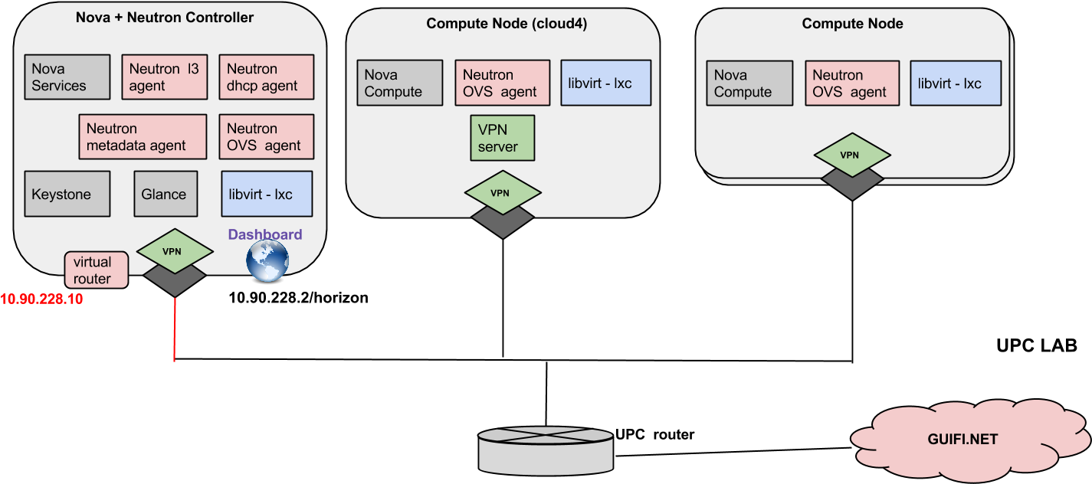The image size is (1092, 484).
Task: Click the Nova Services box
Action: [x=67, y=77]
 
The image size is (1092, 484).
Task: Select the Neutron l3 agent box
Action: [x=164, y=77]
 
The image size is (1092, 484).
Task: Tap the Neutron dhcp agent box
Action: [x=266, y=77]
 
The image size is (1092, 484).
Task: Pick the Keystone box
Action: [x=67, y=194]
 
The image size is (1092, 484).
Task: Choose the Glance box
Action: [x=165, y=194]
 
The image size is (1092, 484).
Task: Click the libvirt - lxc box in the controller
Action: [x=266, y=194]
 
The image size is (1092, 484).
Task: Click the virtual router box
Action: [x=96, y=270]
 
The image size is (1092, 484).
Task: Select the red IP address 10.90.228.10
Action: [x=41, y=299]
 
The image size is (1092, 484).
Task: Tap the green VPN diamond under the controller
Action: [x=174, y=250]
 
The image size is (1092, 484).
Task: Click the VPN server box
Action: [x=502, y=138]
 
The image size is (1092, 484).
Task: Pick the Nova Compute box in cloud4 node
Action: [x=400, y=83]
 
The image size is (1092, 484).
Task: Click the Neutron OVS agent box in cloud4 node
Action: [x=502, y=83]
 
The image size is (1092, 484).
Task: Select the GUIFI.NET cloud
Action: [x=962, y=440]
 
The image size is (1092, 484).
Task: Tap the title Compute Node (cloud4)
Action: [x=507, y=24]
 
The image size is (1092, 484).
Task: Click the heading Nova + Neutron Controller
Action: [x=165, y=17]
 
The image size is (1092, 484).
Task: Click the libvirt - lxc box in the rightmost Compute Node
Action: [x=955, y=83]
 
